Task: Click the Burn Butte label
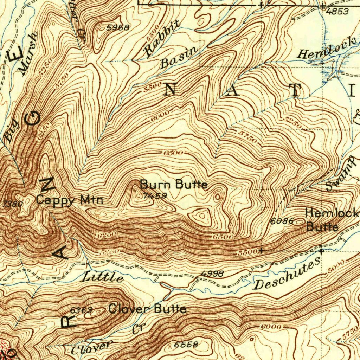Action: (174, 185)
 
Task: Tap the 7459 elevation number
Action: (155, 196)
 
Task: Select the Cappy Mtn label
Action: (70, 200)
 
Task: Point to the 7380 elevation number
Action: (8, 204)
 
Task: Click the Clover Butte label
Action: (147, 309)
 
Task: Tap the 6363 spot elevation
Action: (81, 310)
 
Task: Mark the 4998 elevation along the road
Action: (212, 274)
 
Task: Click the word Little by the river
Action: (103, 277)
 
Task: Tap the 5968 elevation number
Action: (118, 27)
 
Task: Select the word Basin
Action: (179, 58)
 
